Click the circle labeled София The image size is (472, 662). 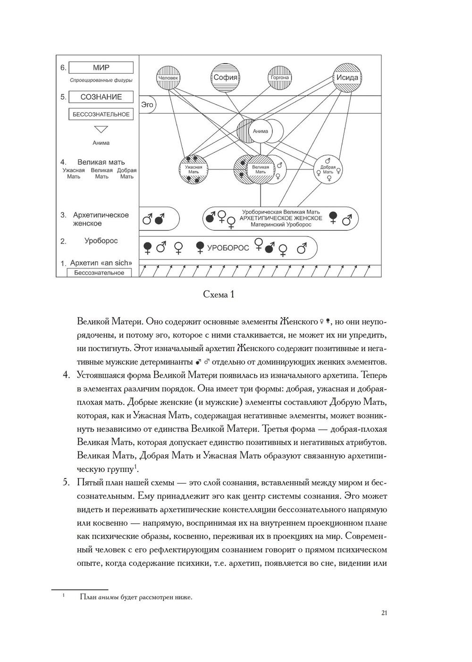tap(225, 77)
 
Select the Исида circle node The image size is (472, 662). tap(347, 77)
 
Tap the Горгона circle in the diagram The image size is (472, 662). tap(279, 77)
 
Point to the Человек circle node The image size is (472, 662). tap(169, 77)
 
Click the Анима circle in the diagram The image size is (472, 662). tap(261, 131)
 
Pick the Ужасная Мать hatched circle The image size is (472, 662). tap(194, 169)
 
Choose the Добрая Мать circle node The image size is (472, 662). tap(328, 169)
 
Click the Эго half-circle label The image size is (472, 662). tap(147, 105)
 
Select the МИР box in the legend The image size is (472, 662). tap(101, 67)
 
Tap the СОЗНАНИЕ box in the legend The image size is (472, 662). tap(101, 97)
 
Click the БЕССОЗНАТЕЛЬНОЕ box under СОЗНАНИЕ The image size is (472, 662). tap(101, 114)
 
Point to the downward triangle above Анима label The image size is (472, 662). tap(101, 129)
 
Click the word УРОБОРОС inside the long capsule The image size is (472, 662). tap(228, 248)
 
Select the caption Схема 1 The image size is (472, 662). tap(219, 294)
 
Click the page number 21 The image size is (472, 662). tap(384, 613)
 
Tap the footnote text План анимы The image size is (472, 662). tap(136, 597)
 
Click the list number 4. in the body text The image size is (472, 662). tap(67, 376)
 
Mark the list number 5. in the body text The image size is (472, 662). tap(67, 483)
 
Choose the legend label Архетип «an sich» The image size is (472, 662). tap(101, 263)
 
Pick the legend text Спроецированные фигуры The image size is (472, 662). tap(101, 80)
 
